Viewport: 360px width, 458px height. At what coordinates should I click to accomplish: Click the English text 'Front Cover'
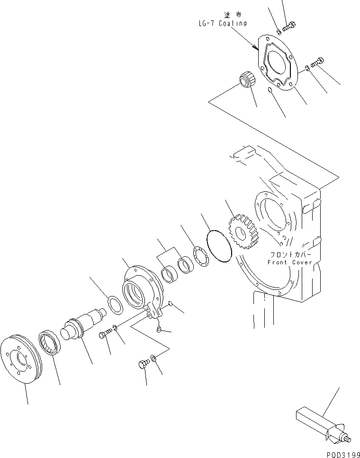click(x=290, y=262)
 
